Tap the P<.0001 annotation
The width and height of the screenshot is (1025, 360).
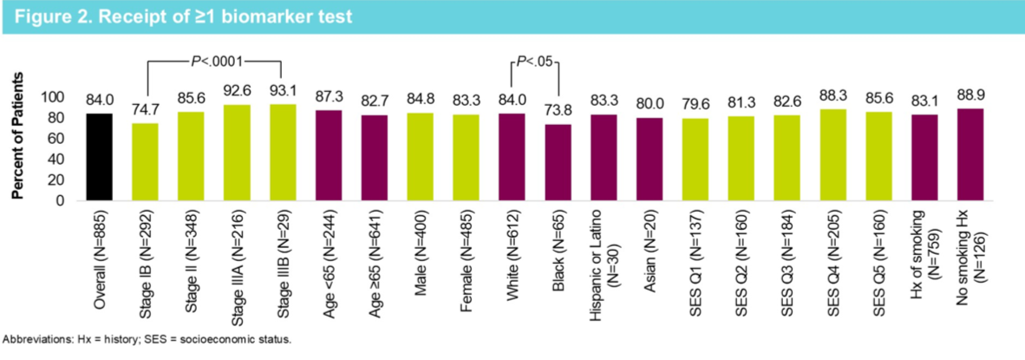coord(214,62)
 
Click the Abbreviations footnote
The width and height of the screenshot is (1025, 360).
coord(147,339)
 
